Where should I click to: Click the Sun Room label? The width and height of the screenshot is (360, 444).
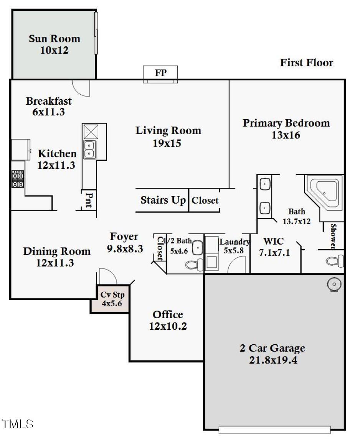click(54, 39)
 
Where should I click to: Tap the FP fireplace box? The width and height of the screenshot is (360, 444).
click(160, 73)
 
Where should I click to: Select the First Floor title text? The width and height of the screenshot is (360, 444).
click(306, 62)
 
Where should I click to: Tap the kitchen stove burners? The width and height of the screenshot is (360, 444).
click(18, 179)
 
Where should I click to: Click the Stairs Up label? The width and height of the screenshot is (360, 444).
click(163, 200)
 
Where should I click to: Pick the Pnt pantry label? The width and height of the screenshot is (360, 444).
click(89, 200)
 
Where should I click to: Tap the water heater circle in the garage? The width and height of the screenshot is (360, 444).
click(333, 284)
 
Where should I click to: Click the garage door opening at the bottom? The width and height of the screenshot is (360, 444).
click(274, 430)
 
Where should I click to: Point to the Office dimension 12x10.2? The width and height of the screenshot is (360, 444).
click(168, 326)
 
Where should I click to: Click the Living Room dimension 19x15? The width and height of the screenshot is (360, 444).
click(168, 143)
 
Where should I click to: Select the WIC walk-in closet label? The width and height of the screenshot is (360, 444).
click(273, 241)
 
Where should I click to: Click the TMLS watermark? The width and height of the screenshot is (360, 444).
click(18, 424)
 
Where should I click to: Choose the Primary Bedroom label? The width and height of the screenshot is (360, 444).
click(286, 123)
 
